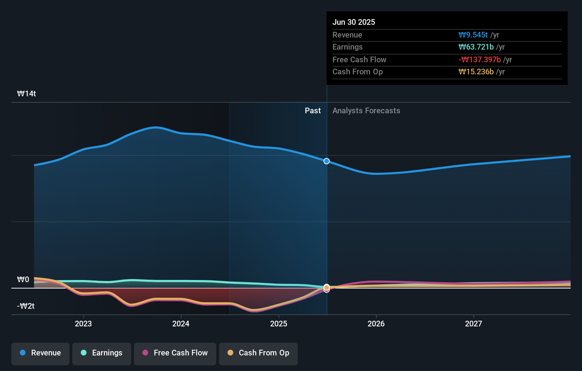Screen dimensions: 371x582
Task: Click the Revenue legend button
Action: click(40, 353)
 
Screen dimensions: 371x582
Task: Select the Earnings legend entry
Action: click(102, 353)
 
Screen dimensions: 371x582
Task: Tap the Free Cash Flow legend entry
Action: click(175, 353)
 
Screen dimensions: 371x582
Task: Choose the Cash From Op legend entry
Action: click(258, 353)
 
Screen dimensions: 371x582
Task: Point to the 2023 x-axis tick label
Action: click(83, 324)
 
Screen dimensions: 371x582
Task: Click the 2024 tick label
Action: click(181, 324)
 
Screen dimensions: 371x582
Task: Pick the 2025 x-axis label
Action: click(279, 324)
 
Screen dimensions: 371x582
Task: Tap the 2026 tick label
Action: click(376, 324)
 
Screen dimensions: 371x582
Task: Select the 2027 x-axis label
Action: click(474, 324)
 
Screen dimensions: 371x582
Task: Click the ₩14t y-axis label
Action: click(27, 94)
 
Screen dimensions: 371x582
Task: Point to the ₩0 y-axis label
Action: click(23, 280)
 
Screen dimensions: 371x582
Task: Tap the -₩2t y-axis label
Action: click(26, 306)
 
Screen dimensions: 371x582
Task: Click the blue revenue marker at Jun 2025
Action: click(327, 161)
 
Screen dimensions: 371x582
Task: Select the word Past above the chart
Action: click(313, 111)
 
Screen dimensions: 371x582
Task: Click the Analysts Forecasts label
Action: click(366, 111)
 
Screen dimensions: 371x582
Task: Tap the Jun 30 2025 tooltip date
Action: click(354, 22)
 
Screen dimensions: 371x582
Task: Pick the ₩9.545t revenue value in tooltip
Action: click(473, 35)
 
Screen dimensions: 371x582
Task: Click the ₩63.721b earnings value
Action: click(476, 47)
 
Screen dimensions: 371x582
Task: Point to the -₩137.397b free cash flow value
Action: click(480, 60)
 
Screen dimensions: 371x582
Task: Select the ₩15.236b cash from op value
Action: click(476, 72)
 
